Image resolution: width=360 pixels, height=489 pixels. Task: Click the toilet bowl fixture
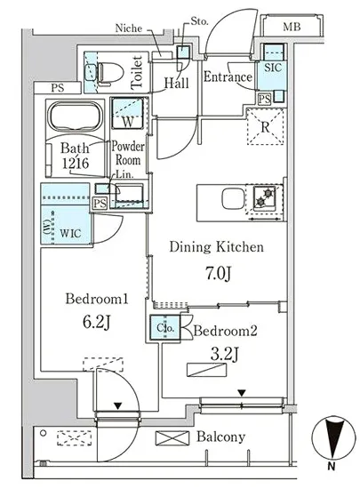coord(109,73)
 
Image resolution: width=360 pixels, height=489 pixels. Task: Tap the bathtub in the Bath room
coord(75,116)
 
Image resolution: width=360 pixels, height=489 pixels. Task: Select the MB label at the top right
coord(292,28)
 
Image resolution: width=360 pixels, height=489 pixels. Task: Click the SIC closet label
coord(273,68)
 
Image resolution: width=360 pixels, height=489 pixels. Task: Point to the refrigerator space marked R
coord(265,126)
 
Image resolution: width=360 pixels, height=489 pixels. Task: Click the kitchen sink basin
coord(232,198)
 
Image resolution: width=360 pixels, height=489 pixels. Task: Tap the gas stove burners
coord(264,198)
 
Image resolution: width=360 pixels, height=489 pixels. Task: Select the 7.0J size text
coord(219,274)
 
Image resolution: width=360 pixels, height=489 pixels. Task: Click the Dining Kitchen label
coord(217,247)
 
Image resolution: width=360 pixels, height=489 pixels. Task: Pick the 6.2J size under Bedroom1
coord(97,322)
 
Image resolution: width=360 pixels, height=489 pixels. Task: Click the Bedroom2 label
coord(226,331)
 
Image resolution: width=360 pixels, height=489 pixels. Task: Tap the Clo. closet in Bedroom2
coord(165,328)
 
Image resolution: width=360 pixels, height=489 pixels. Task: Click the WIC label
coord(70,233)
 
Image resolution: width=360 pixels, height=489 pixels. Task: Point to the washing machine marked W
coord(128,113)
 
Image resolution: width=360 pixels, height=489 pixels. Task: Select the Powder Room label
coord(128,153)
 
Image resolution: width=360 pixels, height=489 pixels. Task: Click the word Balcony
coord(220,437)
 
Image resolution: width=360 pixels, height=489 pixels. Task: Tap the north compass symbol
coord(333,438)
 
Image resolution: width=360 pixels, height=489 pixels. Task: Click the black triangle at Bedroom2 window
coord(242,393)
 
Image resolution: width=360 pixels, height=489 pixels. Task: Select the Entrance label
coord(228,77)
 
